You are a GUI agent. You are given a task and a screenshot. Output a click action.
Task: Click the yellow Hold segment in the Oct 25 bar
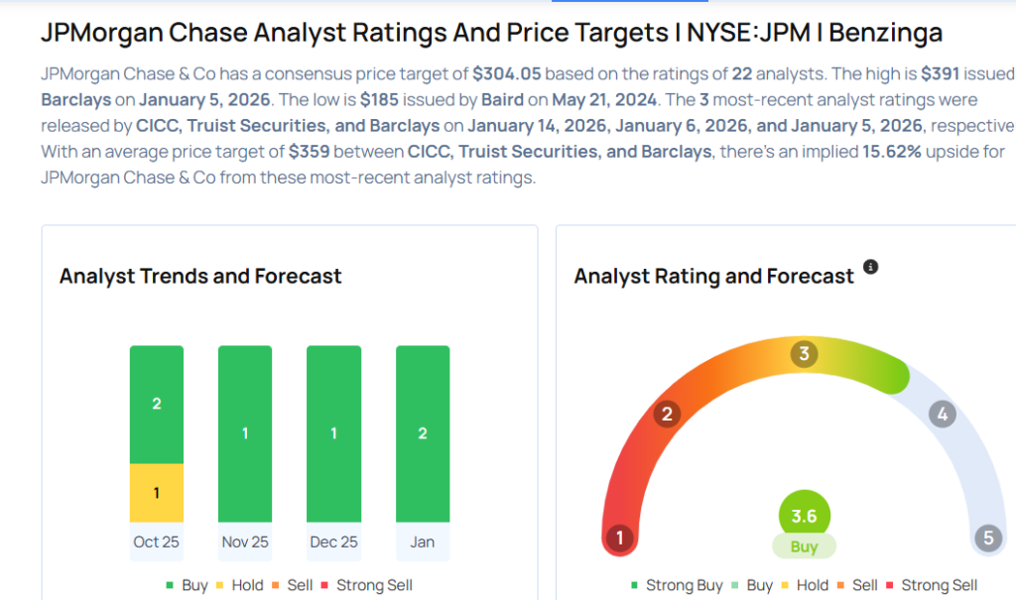pos(156,493)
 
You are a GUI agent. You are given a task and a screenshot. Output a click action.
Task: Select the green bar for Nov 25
pos(245,433)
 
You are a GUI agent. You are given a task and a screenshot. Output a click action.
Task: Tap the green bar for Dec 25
pos(333,433)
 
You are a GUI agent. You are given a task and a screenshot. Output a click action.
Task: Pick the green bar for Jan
pos(423,433)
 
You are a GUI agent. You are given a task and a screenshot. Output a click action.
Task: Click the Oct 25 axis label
pos(156,542)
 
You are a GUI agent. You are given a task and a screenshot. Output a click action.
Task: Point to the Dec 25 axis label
pos(333,542)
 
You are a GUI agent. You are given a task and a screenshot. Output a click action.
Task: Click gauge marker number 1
pos(620,539)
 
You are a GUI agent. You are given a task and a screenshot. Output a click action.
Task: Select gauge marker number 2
pos(668,414)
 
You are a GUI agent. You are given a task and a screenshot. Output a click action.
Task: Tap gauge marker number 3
pos(805,354)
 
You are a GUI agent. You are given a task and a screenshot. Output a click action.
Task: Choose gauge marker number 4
pos(942,414)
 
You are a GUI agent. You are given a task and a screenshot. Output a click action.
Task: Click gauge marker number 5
pos(987,539)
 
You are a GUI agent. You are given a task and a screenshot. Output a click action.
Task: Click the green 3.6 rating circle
pos(804,516)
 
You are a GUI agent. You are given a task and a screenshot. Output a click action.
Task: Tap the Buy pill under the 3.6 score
pos(804,546)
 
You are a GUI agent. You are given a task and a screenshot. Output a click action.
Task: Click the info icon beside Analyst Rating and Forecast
pos(870,267)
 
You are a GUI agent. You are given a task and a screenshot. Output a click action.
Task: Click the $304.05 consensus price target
pos(507,73)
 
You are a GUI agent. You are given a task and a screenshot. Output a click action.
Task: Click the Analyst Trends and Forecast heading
pos(200,276)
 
